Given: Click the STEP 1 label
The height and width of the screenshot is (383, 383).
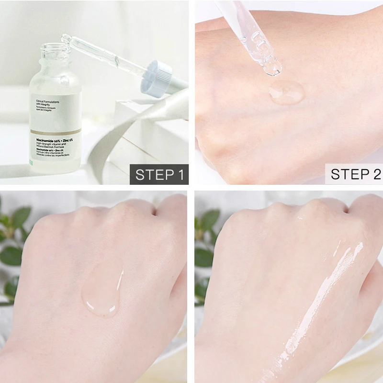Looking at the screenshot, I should (159, 174).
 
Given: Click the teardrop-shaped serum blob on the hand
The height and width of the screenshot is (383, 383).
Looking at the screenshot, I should (102, 292).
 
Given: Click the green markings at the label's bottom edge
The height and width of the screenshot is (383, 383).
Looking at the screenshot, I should (31, 162).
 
